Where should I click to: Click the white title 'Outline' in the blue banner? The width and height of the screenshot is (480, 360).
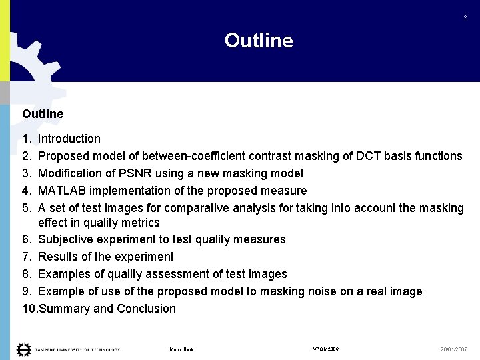click(x=259, y=41)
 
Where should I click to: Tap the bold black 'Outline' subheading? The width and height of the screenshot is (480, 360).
click(x=43, y=114)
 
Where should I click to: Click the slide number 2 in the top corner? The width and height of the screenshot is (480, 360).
click(x=465, y=18)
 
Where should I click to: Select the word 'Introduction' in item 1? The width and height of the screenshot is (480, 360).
click(x=69, y=139)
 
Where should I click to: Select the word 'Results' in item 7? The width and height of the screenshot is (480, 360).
click(x=58, y=257)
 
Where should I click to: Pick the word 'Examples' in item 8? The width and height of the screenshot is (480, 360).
click(x=63, y=274)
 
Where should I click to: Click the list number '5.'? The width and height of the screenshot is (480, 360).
click(x=27, y=208)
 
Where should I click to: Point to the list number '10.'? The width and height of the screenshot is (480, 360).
click(x=30, y=309)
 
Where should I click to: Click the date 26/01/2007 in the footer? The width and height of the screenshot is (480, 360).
click(x=454, y=349)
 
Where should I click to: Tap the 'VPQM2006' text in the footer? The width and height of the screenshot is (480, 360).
click(x=326, y=349)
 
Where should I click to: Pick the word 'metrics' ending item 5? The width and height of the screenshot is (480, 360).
click(x=139, y=223)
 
